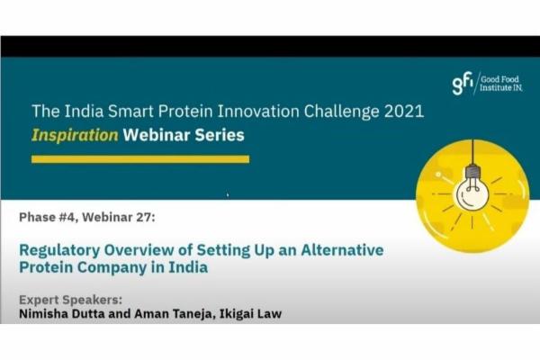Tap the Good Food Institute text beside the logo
point(502,84)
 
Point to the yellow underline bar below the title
point(139,159)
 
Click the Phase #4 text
point(53,216)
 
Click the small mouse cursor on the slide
point(227,194)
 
